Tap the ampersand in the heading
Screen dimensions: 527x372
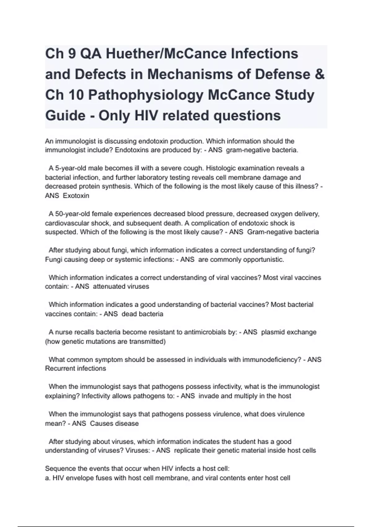[x=319, y=74]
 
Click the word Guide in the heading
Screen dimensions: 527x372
[x=65, y=116]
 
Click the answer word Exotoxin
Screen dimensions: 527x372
[x=76, y=196]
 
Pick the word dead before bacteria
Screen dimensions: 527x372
[x=129, y=314]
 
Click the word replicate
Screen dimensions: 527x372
[x=187, y=450]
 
